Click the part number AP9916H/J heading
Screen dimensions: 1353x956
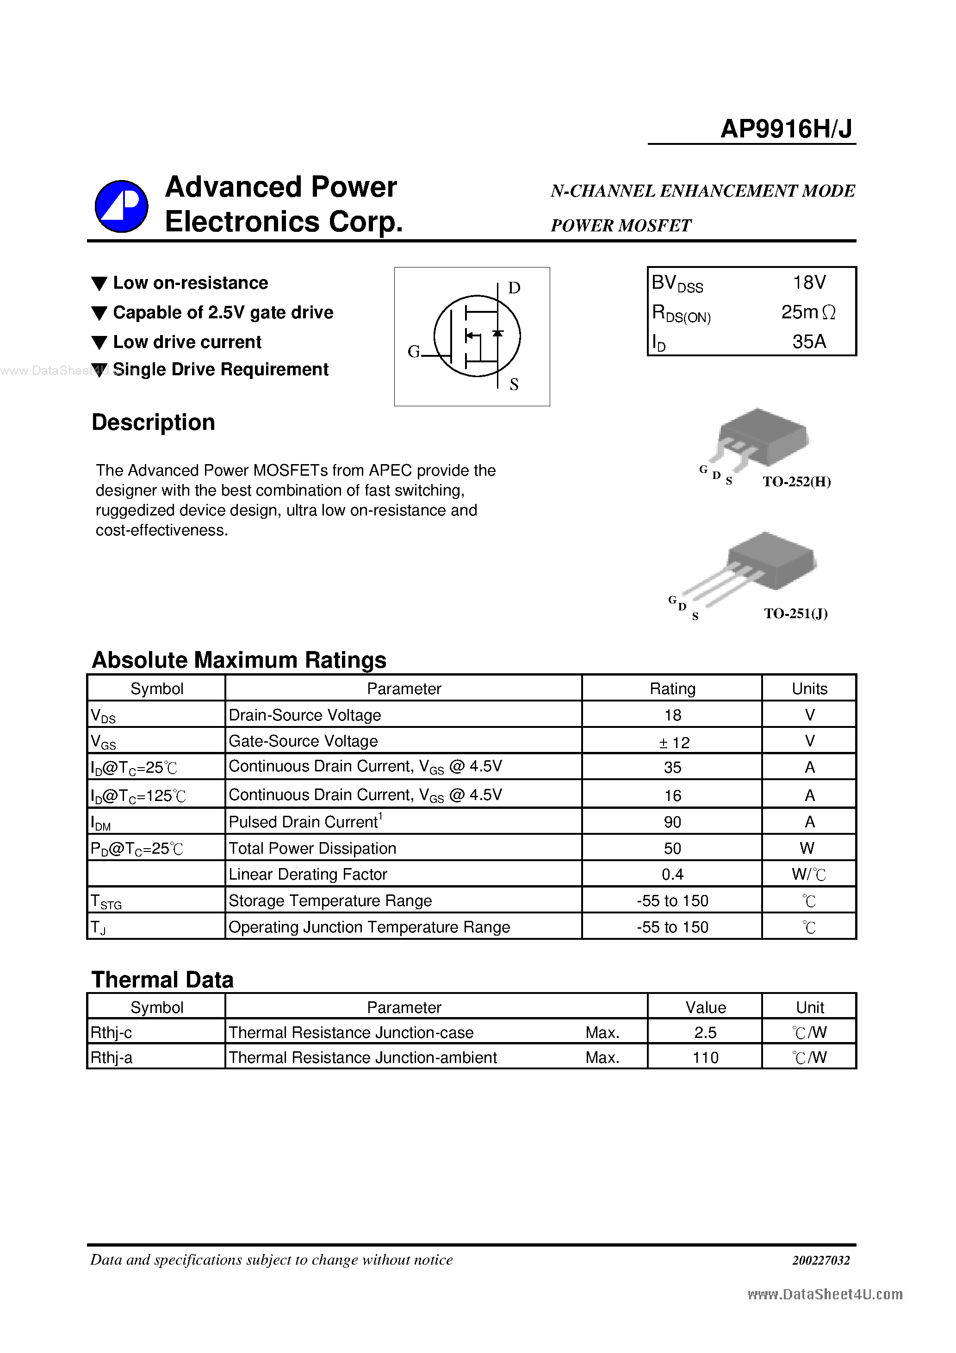pos(786,129)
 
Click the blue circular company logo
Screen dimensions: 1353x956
pos(121,206)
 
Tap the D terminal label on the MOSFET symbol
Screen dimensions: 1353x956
pos(514,288)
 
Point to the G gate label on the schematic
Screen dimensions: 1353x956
pos(414,352)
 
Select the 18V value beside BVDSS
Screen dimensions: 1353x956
pos(809,283)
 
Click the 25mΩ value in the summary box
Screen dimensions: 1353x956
pos(807,312)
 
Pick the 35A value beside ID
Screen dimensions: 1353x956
pos(809,342)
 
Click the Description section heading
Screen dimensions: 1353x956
pos(153,422)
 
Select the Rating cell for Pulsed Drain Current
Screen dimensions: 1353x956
pos(672,822)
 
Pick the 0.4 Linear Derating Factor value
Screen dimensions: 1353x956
pos(672,875)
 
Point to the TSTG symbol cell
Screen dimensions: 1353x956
pos(106,901)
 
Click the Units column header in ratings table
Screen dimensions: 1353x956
pos(809,689)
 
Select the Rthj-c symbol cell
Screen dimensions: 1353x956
pos(112,1033)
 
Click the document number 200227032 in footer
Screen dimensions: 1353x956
pos(820,1260)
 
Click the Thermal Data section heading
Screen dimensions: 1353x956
pos(163,980)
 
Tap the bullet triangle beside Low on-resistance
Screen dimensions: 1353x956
pos(99,284)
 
